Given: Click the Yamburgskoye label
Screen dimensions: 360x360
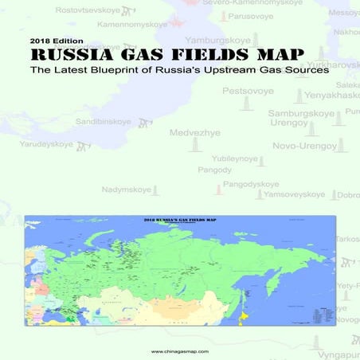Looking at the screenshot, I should [218, 40].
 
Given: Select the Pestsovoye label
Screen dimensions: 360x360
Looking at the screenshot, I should [248, 92].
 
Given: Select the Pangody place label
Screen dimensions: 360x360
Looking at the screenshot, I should [215, 170].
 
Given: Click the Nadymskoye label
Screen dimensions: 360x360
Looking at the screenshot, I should [127, 190].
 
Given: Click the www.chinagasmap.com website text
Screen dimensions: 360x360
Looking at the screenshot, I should [180, 350].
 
